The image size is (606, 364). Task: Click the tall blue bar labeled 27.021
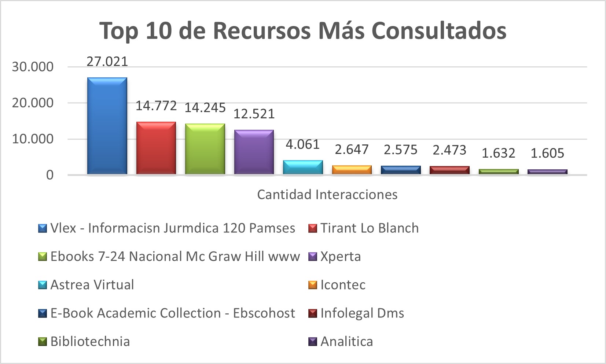tap(107, 126)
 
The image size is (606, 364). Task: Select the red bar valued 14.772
tap(156, 148)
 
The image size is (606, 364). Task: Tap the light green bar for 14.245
tap(205, 149)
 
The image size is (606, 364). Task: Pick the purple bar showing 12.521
tap(254, 152)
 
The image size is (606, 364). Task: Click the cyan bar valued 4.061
tap(303, 167)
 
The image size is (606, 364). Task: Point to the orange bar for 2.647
tap(352, 170)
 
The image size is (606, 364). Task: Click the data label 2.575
tap(400, 150)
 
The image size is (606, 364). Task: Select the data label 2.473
tap(449, 150)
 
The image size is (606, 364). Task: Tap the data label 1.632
tap(498, 153)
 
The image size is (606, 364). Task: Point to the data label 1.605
tap(547, 153)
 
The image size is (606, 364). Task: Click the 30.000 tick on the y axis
tap(33, 67)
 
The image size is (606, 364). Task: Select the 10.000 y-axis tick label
tap(33, 139)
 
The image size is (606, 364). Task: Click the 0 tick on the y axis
tap(49, 175)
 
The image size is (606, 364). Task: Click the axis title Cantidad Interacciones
tap(327, 194)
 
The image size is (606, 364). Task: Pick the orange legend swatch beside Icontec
tap(312, 285)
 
